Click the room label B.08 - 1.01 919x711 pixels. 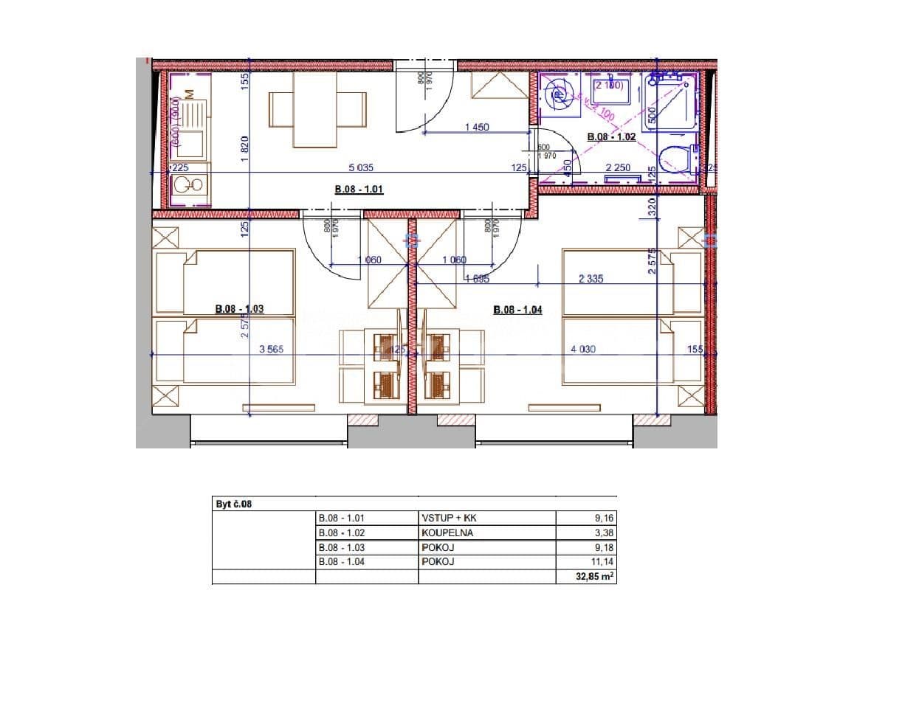pos(359,190)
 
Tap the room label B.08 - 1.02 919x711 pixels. pos(611,137)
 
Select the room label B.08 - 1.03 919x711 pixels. pos(239,309)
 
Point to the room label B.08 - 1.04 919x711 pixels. pos(517,310)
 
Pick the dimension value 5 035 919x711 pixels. pos(361,168)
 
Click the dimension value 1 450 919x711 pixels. pos(477,128)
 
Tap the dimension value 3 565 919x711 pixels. pos(271,350)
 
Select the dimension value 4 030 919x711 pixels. pos(583,350)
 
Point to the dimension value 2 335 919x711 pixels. pos(591,279)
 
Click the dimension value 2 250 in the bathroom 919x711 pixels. pos(618,168)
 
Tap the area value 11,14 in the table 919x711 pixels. pos(603,562)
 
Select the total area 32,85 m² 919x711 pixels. pos(595,577)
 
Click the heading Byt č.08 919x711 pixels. pos(233,504)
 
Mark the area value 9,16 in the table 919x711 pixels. pos(603,518)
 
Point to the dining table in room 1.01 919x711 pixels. pos(317,110)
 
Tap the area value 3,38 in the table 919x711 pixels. pos(603,533)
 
